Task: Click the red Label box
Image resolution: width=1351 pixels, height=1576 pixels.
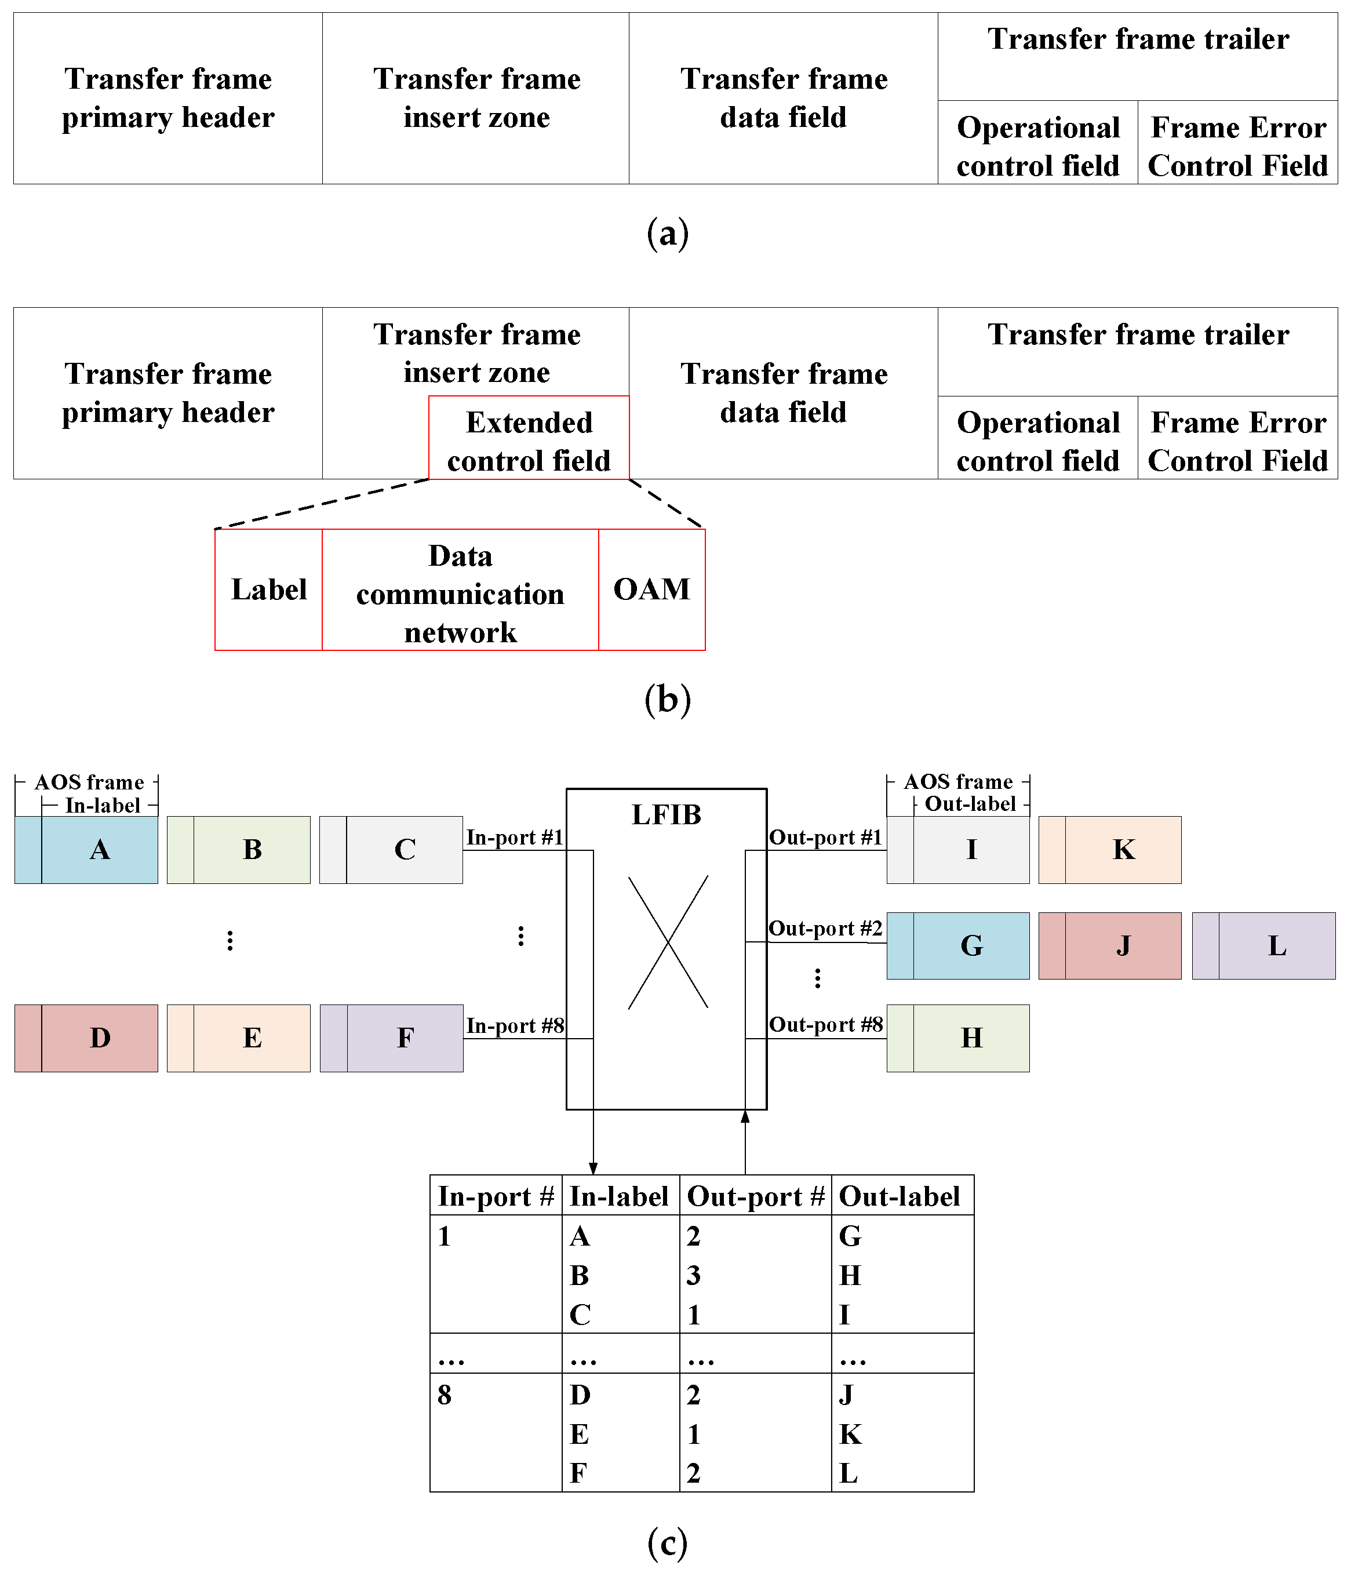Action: (x=268, y=589)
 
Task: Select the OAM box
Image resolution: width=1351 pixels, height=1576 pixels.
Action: (x=651, y=589)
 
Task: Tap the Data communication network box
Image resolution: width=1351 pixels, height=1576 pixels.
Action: (x=460, y=594)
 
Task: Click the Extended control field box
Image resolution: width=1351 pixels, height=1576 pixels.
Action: (x=529, y=441)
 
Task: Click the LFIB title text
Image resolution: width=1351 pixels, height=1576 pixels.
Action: (x=667, y=814)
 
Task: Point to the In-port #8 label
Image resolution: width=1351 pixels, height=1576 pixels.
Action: (x=515, y=1025)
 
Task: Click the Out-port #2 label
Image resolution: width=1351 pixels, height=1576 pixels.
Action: (x=825, y=929)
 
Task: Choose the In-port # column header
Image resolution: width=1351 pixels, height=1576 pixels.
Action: (x=495, y=1196)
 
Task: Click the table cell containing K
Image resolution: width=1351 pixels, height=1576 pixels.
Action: (x=850, y=1434)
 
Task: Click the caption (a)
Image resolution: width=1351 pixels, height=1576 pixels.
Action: (x=667, y=233)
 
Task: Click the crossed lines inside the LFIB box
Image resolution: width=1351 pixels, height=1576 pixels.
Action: (x=668, y=942)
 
